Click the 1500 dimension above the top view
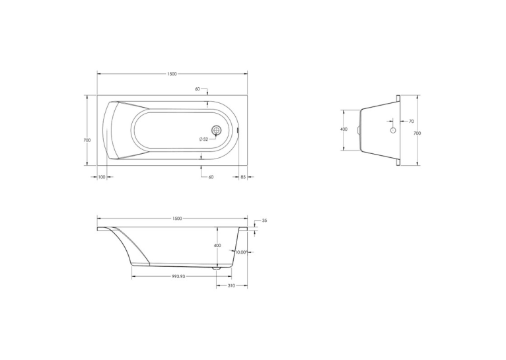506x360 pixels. [x=172, y=74]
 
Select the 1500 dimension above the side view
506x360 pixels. [x=177, y=219]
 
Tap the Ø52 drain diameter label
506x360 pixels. [x=203, y=139]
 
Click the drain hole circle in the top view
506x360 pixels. [x=217, y=130]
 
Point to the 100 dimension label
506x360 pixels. [x=102, y=177]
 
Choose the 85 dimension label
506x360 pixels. [x=243, y=177]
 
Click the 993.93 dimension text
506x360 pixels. [x=178, y=277]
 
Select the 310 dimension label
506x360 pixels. [x=231, y=285]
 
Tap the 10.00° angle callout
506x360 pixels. [x=241, y=252]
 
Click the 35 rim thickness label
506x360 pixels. [x=265, y=221]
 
